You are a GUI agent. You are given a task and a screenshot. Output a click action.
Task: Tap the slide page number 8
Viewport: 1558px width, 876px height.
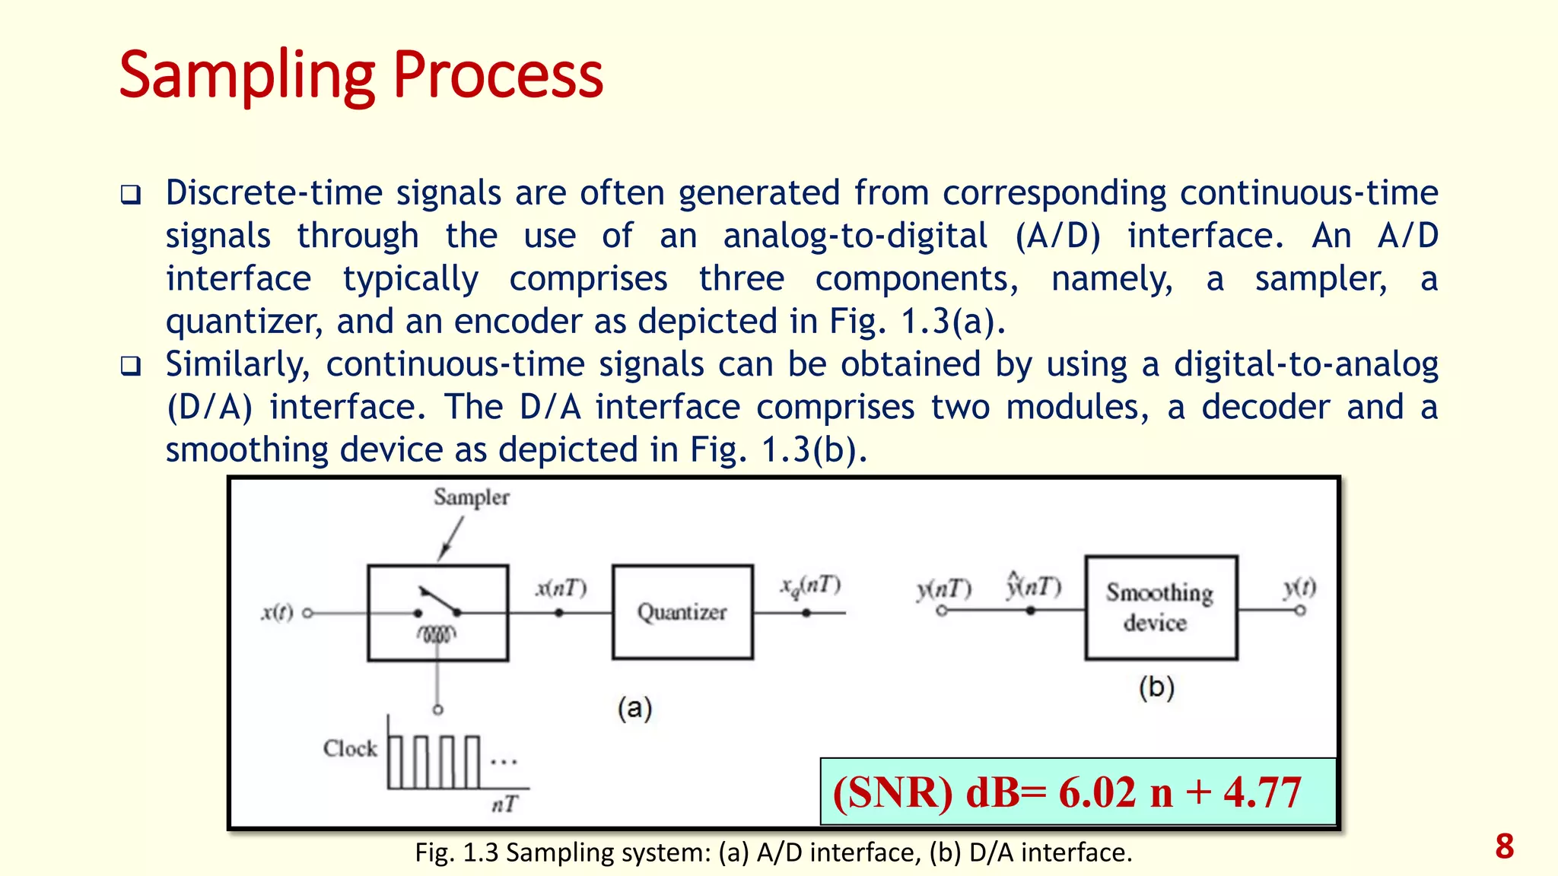tap(1504, 846)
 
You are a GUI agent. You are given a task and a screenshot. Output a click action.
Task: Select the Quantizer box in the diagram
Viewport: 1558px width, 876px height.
tap(682, 612)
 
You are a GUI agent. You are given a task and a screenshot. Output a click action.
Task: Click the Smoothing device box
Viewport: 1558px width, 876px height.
tap(1160, 608)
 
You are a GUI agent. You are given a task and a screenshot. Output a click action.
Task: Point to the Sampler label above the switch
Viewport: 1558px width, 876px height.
tap(471, 497)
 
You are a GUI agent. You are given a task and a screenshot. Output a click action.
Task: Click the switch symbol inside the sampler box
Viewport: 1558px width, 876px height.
tap(438, 602)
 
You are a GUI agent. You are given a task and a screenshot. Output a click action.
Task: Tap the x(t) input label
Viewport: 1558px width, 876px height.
tap(277, 612)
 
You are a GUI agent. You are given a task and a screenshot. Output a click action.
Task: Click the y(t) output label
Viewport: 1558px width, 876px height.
tap(1299, 587)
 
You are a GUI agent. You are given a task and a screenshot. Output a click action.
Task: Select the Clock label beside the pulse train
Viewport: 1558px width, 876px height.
tap(350, 748)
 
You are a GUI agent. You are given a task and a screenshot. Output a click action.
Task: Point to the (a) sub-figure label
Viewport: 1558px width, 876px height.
tap(634, 708)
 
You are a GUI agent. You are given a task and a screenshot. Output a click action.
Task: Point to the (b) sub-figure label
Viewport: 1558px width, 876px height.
tap(1156, 687)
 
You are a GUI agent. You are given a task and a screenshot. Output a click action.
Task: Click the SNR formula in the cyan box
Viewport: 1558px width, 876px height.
tap(1067, 792)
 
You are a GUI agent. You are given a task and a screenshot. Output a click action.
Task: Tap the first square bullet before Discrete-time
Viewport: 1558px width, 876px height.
tap(131, 195)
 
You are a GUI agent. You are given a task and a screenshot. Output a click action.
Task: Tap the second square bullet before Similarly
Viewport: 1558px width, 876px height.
tap(131, 367)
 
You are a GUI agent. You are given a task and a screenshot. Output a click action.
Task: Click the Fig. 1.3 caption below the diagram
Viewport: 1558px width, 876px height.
tap(773, 852)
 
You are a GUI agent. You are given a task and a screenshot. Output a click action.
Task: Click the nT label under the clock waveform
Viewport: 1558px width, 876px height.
tap(504, 804)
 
